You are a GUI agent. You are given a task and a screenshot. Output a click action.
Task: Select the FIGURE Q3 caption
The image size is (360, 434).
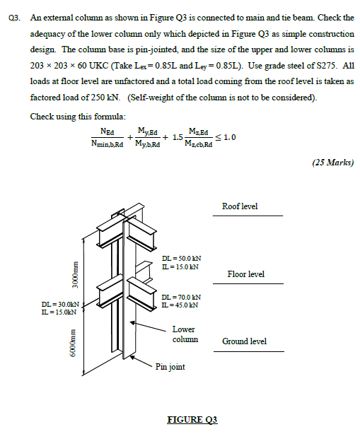(x=192, y=420)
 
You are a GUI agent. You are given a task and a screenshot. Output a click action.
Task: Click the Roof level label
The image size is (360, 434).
(x=240, y=206)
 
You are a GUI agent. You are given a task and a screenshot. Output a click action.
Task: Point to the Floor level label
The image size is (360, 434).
(x=245, y=274)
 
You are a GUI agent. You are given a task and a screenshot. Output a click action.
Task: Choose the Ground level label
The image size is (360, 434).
(x=244, y=341)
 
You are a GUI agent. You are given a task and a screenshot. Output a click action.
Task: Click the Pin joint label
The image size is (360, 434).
(x=170, y=367)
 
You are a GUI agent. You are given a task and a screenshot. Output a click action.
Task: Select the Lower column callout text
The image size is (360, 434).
(x=185, y=334)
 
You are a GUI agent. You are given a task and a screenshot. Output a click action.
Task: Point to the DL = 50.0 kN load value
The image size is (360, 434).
(x=182, y=259)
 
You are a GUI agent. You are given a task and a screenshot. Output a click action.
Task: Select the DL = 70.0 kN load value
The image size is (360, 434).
(x=182, y=298)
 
